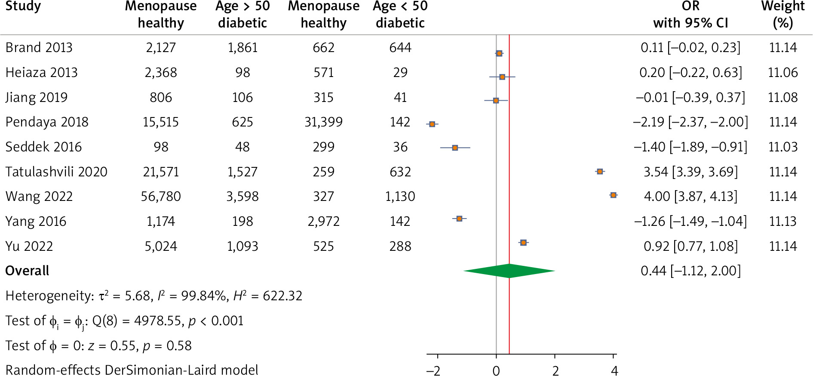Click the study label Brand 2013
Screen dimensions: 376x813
coord(39,47)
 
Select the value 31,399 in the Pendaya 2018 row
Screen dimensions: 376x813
coord(323,122)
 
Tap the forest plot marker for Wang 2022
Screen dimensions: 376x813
coord(613,195)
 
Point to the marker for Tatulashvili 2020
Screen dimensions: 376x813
coord(600,172)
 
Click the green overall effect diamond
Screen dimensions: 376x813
coord(509,271)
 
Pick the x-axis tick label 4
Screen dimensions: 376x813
coord(614,370)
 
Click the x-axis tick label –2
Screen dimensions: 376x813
coord(433,370)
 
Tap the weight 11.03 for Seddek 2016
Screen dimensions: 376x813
coord(782,147)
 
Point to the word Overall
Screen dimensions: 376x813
coord(27,271)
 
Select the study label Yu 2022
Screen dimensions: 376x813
coord(29,247)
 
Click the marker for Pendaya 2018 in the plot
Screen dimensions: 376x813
coord(432,124)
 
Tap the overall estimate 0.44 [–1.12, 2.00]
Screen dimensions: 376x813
coord(690,271)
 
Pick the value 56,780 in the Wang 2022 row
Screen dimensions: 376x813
coord(161,197)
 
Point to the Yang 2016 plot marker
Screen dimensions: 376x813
coord(459,219)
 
